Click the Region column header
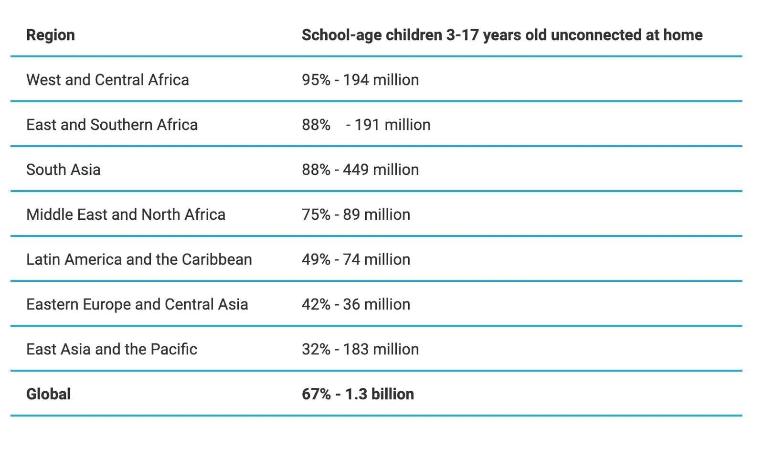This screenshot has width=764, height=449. point(51,35)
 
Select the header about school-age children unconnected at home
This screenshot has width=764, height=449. point(502,35)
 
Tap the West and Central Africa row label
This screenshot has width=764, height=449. point(107,80)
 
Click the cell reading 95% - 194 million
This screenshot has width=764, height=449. point(360,80)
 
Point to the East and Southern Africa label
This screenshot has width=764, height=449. point(112,125)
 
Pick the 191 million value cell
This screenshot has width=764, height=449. point(366,125)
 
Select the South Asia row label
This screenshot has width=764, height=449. point(64,170)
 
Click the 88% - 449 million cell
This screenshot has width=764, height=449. point(360,170)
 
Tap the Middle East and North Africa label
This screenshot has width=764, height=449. point(126,214)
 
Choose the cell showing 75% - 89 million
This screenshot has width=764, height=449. point(356,214)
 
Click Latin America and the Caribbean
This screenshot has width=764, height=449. point(139,259)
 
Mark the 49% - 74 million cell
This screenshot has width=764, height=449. point(356,259)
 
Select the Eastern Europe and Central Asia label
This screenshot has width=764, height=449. point(137,304)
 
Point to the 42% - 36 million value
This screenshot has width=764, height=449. point(356,304)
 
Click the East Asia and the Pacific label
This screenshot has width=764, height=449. point(112,349)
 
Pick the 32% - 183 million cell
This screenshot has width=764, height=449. point(360,349)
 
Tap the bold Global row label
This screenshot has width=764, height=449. point(48,394)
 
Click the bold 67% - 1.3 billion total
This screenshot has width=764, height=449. point(358,394)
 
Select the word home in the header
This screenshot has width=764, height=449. point(683,35)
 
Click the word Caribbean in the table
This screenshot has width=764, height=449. point(217,259)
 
